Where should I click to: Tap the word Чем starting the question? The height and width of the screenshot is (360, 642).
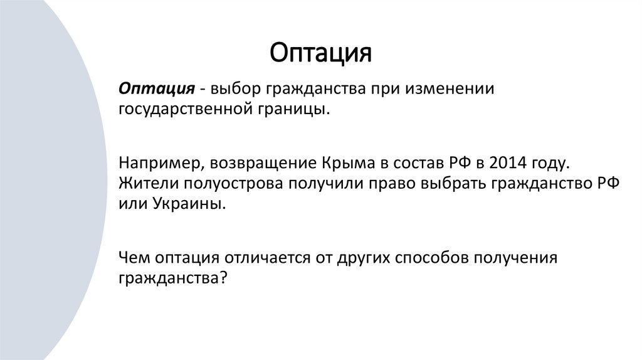(132, 260)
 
